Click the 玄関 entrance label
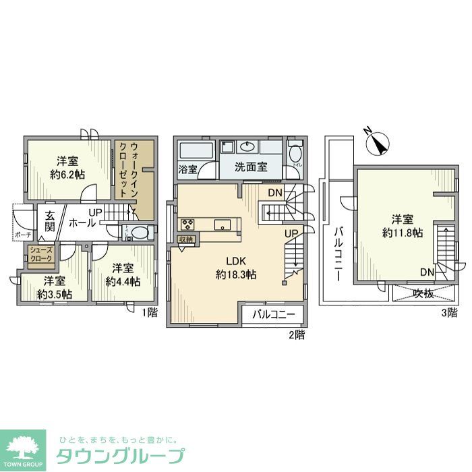pyautogui.click(x=50, y=221)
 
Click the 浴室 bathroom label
pyautogui.click(x=188, y=169)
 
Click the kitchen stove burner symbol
pyautogui.click(x=187, y=225)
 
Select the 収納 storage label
pyautogui.click(x=186, y=239)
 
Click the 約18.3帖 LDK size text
pyautogui.click(x=236, y=274)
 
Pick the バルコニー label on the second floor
pyautogui.click(x=274, y=314)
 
